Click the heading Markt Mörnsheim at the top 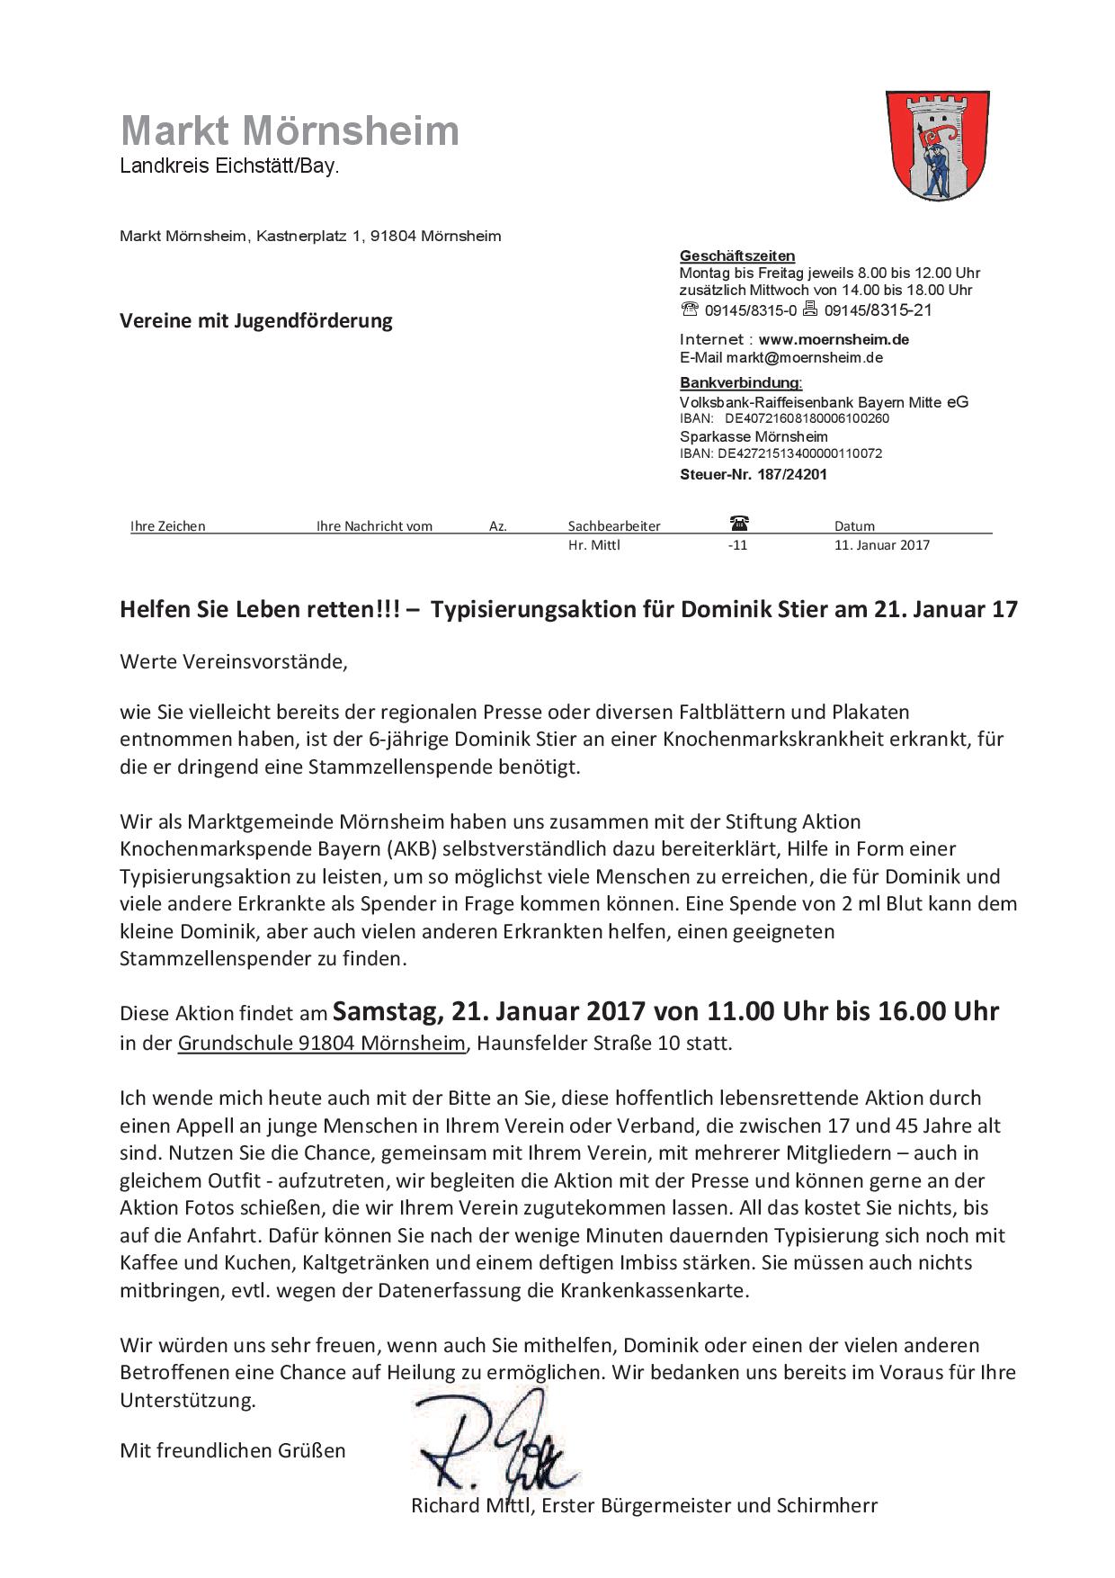tap(290, 131)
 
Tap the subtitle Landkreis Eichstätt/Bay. tap(230, 166)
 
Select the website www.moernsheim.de tap(834, 339)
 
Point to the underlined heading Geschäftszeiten tap(736, 256)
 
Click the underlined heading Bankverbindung tap(740, 383)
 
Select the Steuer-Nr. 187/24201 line tap(753, 474)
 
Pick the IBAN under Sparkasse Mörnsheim tap(799, 453)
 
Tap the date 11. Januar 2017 tap(881, 544)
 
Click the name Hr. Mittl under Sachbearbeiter tap(593, 544)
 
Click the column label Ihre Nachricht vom tap(374, 526)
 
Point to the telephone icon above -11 tap(739, 523)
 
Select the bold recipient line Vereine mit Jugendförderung tap(256, 320)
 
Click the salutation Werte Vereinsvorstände tap(233, 662)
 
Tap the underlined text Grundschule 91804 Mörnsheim tap(322, 1044)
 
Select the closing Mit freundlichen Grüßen tap(233, 1450)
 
